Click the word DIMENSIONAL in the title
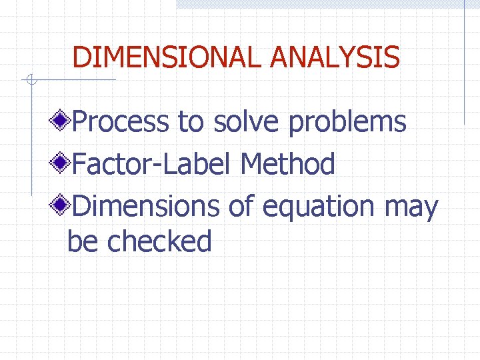(x=168, y=57)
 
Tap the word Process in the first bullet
(x=120, y=122)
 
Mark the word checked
(x=159, y=241)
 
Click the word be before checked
(x=83, y=241)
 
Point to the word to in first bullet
(x=191, y=123)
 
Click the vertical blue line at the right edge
(x=464, y=67)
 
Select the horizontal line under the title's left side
(x=73, y=81)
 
